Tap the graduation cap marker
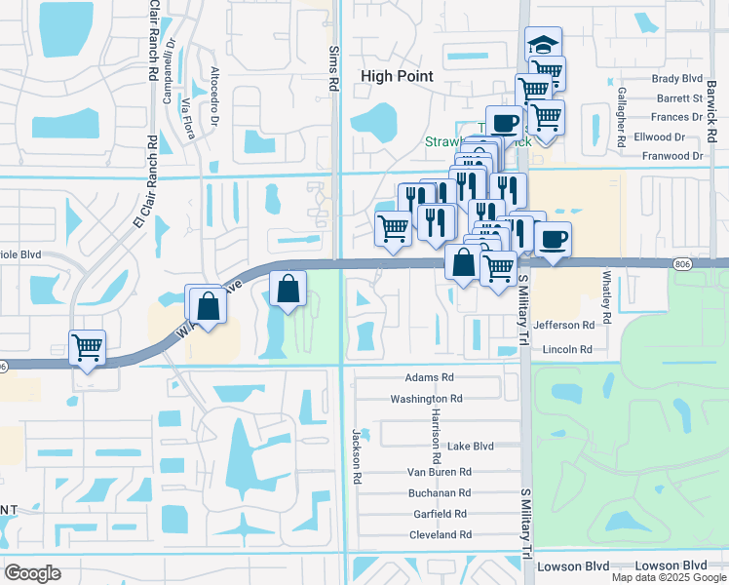click(544, 45)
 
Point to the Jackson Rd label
click(357, 455)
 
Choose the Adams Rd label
click(430, 376)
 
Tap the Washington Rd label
click(426, 399)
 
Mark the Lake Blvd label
click(470, 446)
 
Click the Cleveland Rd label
click(441, 534)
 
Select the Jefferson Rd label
click(564, 325)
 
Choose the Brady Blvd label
click(678, 78)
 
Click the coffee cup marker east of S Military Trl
click(553, 239)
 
